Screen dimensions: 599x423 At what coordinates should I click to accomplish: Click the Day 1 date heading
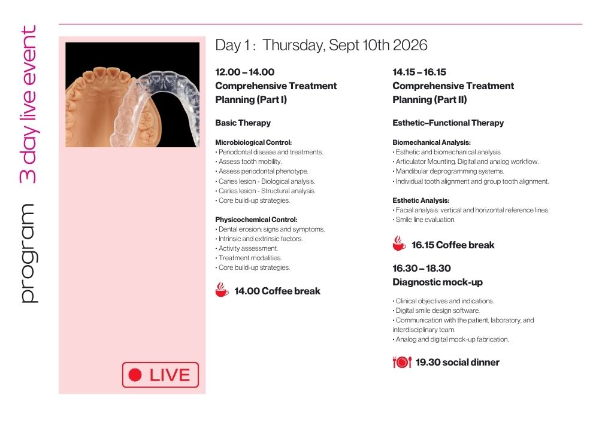(x=321, y=45)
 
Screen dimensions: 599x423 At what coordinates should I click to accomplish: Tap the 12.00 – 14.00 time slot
(x=245, y=72)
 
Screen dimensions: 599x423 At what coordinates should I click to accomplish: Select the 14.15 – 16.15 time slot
(x=419, y=72)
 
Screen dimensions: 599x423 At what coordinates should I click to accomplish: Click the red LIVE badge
(x=161, y=375)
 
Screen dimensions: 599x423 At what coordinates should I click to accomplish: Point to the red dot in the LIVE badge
(x=135, y=375)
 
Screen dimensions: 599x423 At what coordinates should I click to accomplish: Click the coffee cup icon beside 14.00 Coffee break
(x=222, y=290)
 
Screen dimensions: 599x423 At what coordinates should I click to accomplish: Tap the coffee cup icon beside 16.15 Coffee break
(x=399, y=244)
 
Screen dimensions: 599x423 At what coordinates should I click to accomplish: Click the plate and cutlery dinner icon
(x=402, y=362)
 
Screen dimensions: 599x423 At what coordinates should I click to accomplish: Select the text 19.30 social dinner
(x=457, y=363)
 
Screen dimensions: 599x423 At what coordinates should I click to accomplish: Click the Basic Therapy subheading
(x=243, y=123)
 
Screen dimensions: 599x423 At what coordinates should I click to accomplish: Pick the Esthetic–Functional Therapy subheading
(x=448, y=123)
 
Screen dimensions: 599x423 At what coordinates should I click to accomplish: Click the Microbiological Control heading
(x=253, y=142)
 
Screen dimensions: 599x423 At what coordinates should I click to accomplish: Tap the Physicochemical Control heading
(x=256, y=220)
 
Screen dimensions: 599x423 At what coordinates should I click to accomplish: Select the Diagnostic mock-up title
(x=437, y=282)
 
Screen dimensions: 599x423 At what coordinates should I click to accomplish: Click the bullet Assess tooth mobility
(x=249, y=162)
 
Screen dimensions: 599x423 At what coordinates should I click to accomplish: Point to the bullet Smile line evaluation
(x=424, y=220)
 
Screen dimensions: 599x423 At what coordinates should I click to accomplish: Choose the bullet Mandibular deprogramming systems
(x=449, y=171)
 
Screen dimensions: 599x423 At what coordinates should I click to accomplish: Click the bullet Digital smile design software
(x=436, y=311)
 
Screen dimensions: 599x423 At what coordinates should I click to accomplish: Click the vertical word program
(x=29, y=254)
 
